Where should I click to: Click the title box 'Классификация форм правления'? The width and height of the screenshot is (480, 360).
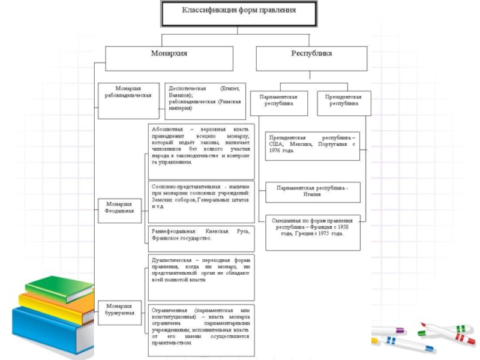239,13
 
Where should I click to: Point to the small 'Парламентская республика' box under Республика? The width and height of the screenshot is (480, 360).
282,103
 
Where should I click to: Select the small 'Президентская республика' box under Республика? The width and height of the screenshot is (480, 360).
343,103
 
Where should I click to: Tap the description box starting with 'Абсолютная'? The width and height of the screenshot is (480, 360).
201,151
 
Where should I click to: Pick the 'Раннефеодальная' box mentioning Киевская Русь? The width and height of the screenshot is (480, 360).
201,235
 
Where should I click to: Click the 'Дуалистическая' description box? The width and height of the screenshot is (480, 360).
201,277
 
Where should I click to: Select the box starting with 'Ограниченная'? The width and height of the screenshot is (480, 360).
201,329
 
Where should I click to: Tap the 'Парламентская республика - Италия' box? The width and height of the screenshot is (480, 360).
312,191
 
